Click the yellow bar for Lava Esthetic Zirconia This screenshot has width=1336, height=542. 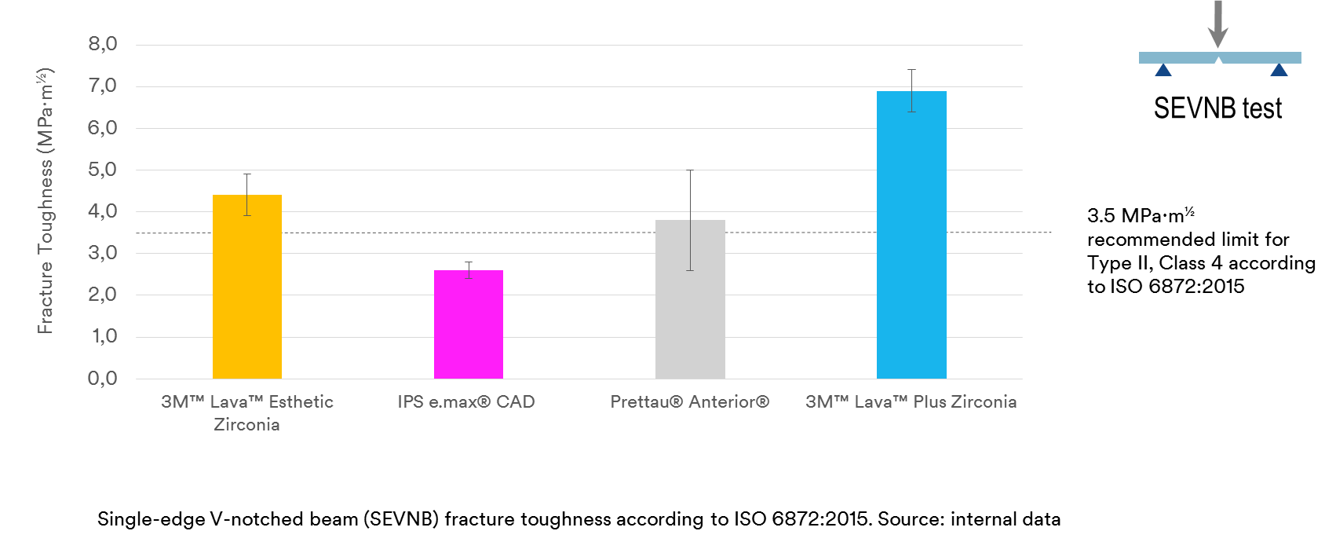pos(247,287)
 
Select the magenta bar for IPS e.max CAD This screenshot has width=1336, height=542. pos(469,324)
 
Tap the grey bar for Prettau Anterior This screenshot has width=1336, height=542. pos(690,299)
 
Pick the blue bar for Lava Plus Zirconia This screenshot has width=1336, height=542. pos(911,235)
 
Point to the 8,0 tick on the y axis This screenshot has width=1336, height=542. pos(103,44)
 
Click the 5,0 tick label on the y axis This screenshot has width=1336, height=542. pos(103,170)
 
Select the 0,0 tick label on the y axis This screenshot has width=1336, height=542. pos(103,379)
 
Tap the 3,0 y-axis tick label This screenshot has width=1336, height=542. pos(103,253)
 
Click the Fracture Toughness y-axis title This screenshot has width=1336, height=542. pos(46,201)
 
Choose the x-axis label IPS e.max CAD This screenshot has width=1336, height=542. pos(466,402)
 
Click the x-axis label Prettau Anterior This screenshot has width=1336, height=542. pos(689,402)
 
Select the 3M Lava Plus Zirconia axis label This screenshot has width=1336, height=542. pos(911,402)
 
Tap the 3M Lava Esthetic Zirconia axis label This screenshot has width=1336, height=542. pos(247,412)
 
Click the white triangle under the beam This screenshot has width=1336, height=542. pos(1218,64)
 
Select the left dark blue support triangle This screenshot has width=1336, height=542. pos(1163,71)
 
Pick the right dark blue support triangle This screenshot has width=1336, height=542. pos(1279,71)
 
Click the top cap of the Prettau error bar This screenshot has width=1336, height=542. pos(690,170)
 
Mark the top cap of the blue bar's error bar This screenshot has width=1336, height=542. pos(911,70)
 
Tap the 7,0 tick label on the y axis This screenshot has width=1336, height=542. pos(103,86)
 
